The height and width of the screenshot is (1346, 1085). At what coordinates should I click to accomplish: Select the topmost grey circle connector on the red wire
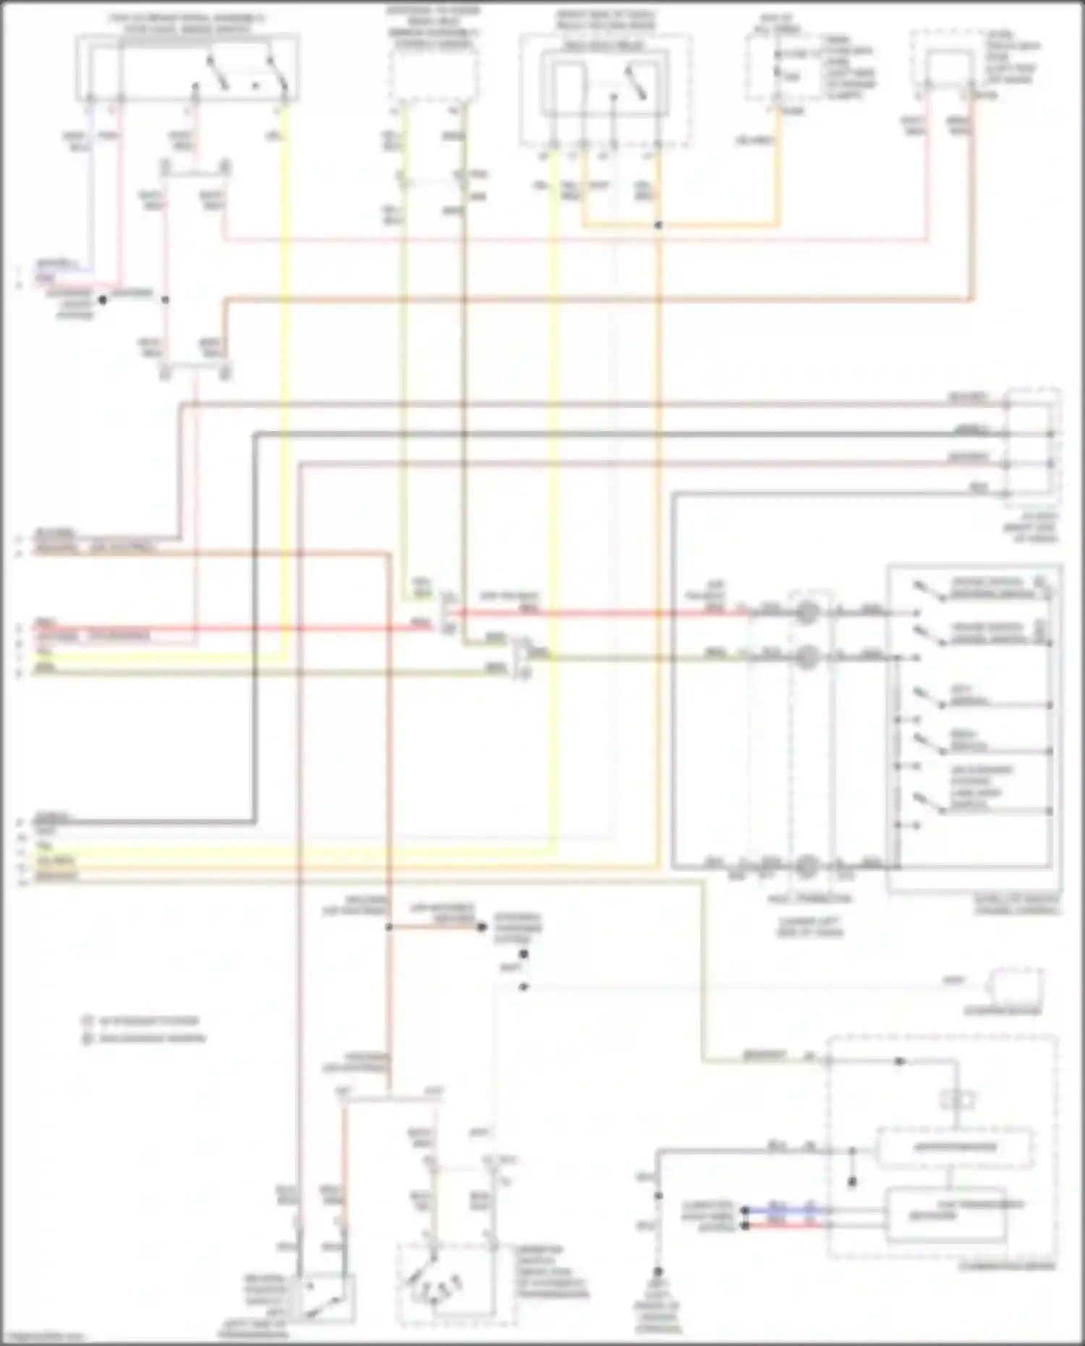coord(807,613)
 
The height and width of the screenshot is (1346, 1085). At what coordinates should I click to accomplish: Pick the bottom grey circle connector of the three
coord(807,865)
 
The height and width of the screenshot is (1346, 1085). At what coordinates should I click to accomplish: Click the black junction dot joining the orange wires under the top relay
coord(658,226)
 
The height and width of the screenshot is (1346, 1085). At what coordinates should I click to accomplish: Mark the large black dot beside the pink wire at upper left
coord(103,299)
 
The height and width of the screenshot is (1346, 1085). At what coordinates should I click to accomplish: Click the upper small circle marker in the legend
coord(88,1021)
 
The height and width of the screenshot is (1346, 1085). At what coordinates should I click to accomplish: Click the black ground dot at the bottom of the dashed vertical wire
coord(658,1271)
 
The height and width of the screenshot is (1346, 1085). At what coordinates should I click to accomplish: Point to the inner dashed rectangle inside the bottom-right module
coord(955,1146)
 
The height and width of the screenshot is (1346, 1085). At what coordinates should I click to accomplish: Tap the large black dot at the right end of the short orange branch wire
coord(482,927)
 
